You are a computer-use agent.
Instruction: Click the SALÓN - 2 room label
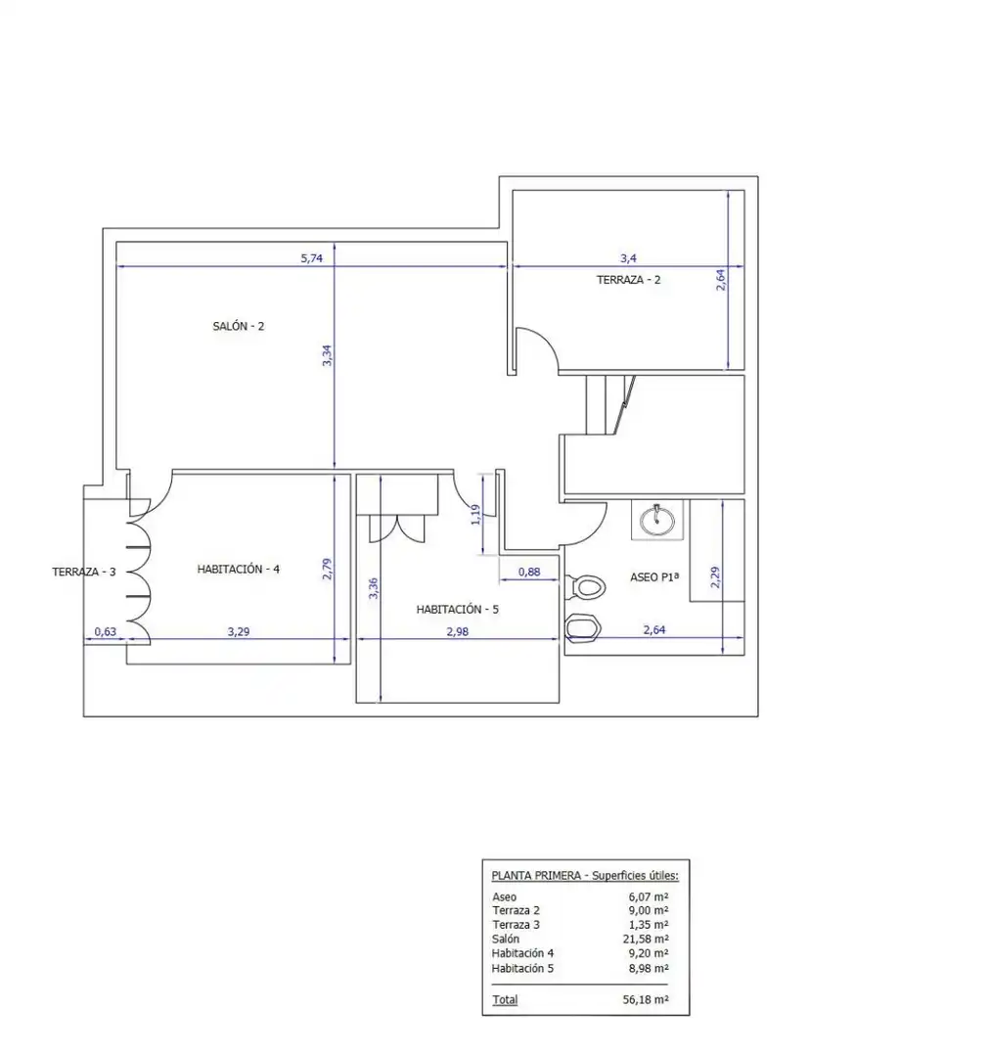[239, 326]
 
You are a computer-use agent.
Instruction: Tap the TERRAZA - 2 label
[629, 280]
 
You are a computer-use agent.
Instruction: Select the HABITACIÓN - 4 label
[239, 569]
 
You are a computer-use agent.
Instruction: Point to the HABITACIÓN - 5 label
[458, 610]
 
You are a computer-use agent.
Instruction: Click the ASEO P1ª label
[654, 577]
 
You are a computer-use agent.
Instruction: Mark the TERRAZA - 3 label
[84, 572]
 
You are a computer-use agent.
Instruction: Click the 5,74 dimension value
[311, 258]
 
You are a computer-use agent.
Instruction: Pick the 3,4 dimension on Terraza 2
[629, 258]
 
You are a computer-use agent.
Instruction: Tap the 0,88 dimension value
[529, 572]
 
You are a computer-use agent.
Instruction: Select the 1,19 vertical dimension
[475, 515]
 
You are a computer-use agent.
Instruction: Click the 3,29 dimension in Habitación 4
[239, 631]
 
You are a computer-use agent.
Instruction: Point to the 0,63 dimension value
[105, 631]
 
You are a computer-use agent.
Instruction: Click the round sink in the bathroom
[656, 520]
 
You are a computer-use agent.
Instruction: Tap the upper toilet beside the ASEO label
[587, 587]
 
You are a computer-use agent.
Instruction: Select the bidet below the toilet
[583, 627]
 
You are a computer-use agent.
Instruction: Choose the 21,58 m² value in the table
[646, 939]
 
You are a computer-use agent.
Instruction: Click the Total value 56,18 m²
[646, 999]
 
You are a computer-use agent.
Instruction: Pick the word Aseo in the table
[504, 897]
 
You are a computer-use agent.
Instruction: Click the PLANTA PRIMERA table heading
[536, 876]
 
